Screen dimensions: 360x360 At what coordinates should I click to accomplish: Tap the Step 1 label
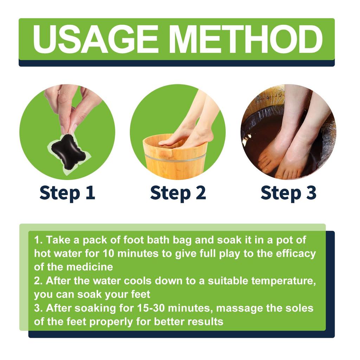(x=67, y=193)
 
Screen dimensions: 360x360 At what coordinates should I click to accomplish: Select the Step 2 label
(x=178, y=193)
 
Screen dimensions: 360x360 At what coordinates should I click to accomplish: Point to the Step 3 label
(x=288, y=193)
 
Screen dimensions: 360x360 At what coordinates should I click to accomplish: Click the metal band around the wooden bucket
(x=174, y=157)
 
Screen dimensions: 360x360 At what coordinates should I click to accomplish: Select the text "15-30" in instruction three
(x=149, y=308)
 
